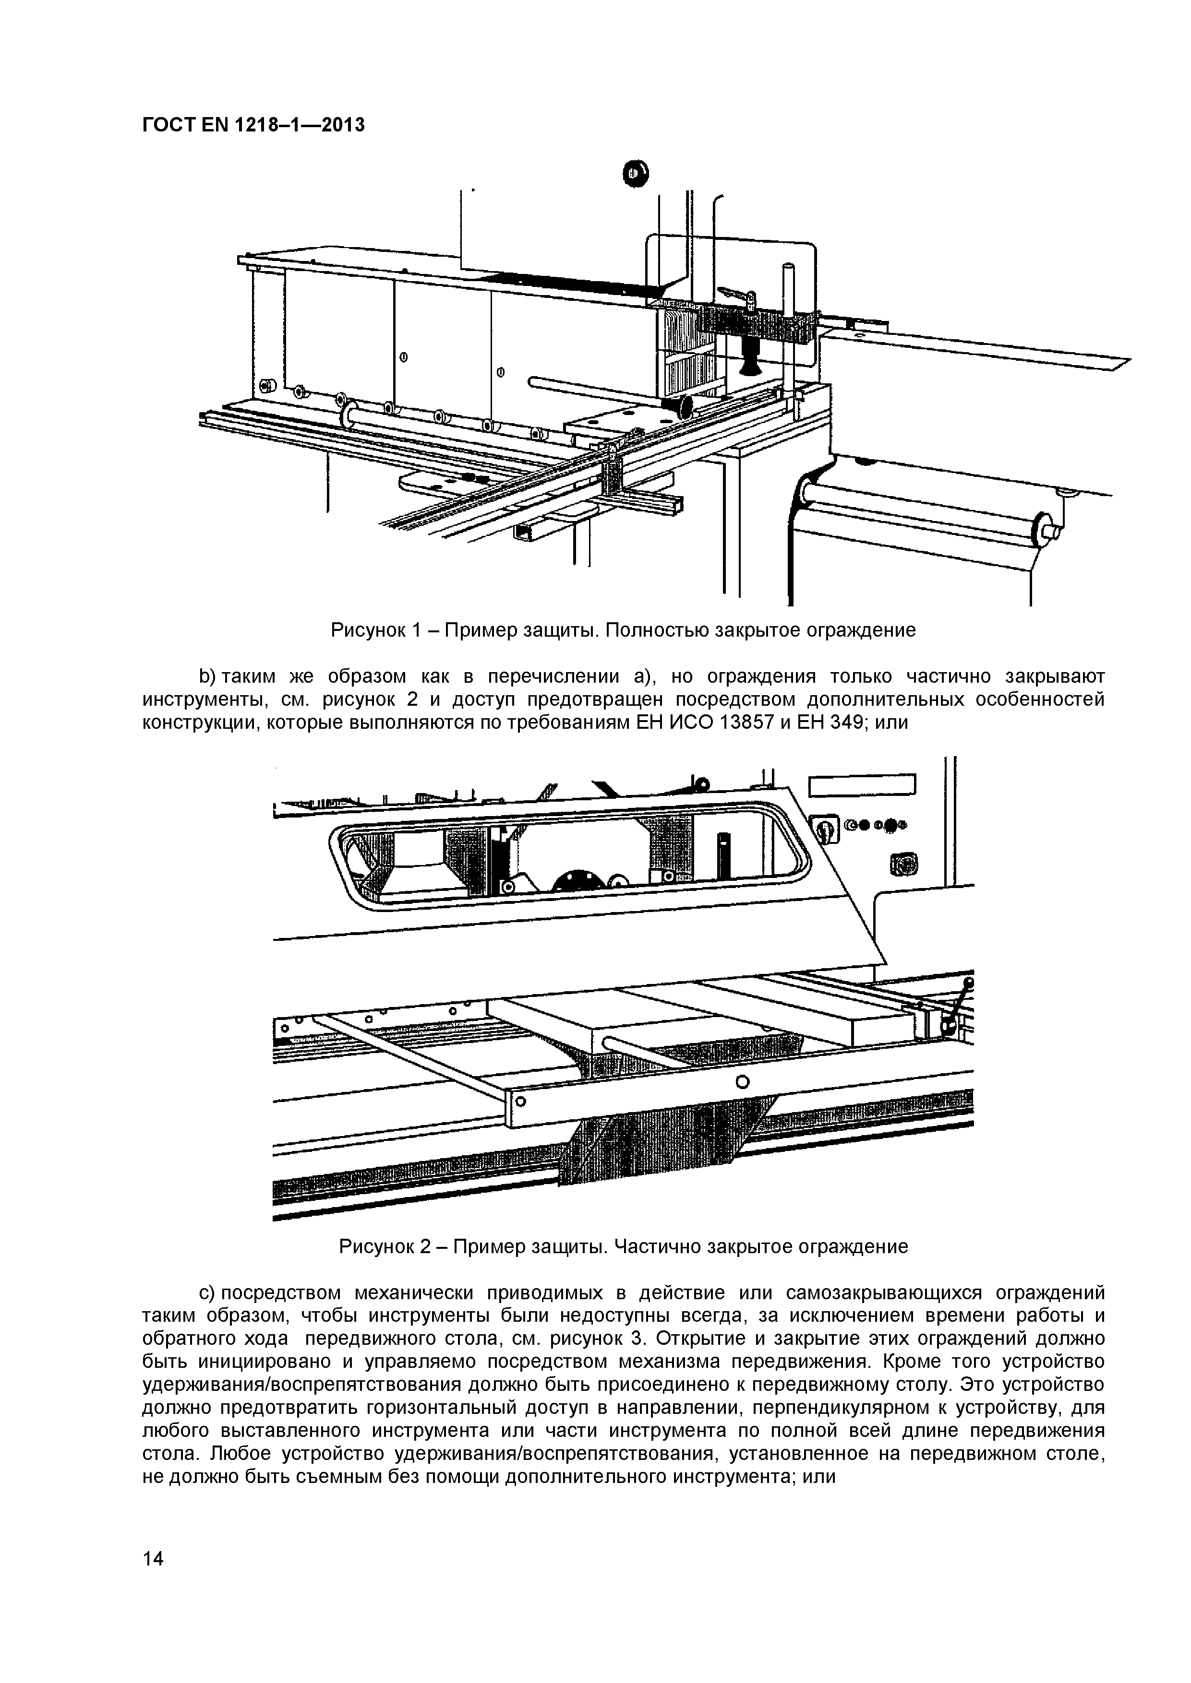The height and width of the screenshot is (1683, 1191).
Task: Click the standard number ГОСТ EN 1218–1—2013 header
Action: [x=253, y=125]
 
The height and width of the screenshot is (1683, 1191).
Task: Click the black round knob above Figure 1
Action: [x=635, y=173]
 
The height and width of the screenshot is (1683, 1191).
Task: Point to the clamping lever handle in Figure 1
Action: [x=736, y=296]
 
